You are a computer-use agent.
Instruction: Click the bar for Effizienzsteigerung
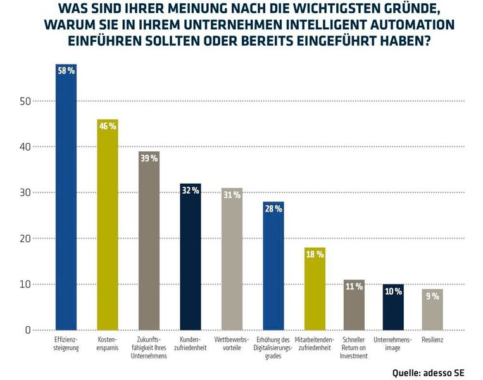click(x=66, y=203)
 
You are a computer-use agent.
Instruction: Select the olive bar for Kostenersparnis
click(x=107, y=228)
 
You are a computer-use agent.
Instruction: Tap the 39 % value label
click(x=149, y=158)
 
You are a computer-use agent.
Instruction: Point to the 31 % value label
click(x=232, y=195)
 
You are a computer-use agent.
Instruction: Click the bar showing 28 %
click(x=273, y=269)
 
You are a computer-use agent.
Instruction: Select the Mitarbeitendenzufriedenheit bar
click(x=315, y=291)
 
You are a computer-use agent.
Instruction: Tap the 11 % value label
click(x=354, y=287)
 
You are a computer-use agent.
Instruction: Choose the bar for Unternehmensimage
click(x=393, y=309)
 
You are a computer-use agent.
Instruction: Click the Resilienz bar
click(x=432, y=310)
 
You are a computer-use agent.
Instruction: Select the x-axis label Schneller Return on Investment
click(x=354, y=348)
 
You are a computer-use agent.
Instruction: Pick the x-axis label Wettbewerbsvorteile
click(x=232, y=344)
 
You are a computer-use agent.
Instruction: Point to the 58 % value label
click(x=66, y=71)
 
